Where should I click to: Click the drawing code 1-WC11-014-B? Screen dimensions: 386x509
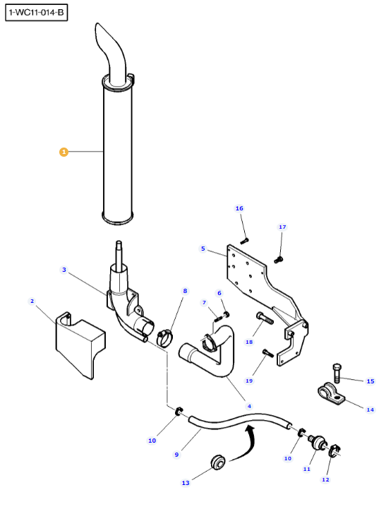click(36, 13)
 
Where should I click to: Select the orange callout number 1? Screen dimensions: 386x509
click(64, 152)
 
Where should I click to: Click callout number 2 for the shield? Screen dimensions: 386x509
click(32, 301)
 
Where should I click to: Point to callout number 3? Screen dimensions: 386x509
click(64, 270)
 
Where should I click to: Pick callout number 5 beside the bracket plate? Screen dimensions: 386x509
click(203, 248)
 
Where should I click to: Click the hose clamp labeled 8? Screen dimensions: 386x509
click(164, 338)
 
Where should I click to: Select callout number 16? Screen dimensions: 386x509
click(239, 208)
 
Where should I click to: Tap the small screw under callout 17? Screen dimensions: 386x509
click(279, 260)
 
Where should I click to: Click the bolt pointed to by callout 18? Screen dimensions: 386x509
click(265, 318)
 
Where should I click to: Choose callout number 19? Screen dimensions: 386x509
click(249, 381)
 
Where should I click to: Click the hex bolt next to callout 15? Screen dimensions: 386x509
click(337, 373)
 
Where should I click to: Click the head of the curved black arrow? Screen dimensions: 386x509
click(249, 429)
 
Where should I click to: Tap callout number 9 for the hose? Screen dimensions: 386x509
click(176, 455)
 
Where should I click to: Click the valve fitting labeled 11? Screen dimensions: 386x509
click(316, 443)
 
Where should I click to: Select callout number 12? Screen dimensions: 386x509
click(325, 479)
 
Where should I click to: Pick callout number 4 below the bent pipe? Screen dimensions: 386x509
click(249, 406)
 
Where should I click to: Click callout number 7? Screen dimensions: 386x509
click(204, 303)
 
